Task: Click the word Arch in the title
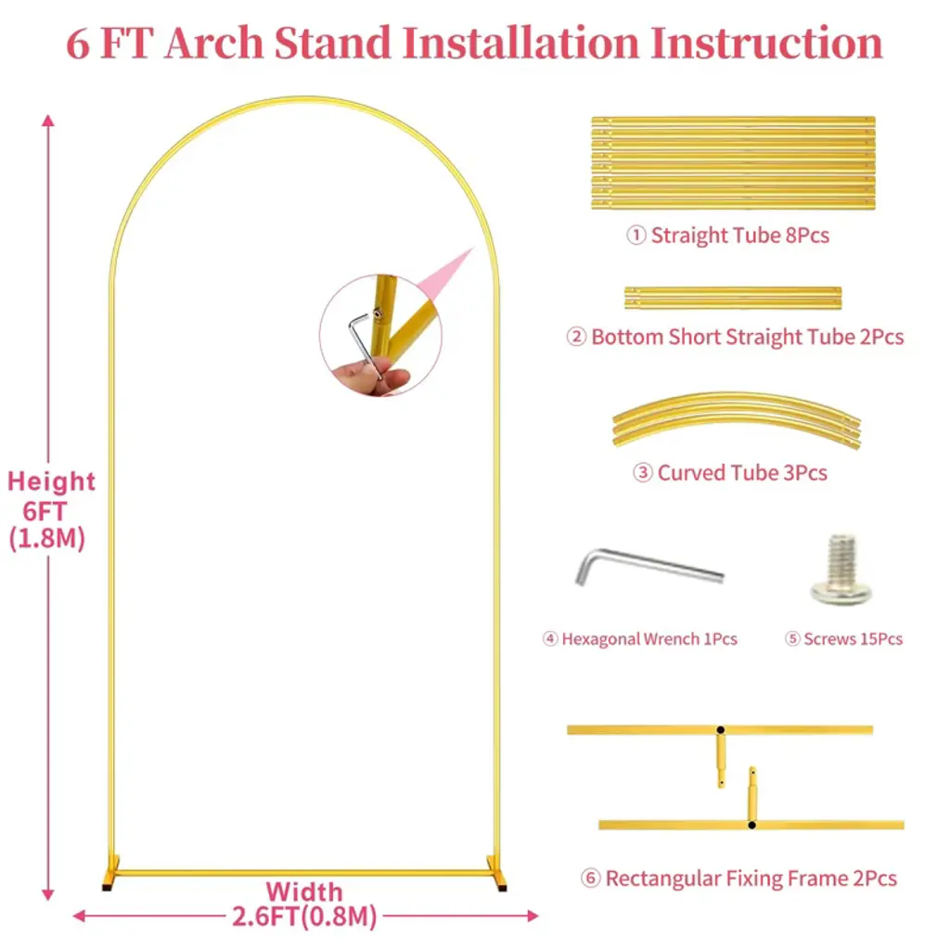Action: point(214,43)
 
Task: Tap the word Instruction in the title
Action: point(766,43)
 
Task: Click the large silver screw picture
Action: point(841,570)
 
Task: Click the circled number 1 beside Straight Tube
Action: point(635,235)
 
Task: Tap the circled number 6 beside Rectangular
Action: point(590,879)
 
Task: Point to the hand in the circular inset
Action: point(372,376)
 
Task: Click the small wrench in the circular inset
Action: point(364,345)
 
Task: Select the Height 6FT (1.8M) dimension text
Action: point(48,510)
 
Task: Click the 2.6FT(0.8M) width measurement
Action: point(304,917)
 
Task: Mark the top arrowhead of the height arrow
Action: point(48,120)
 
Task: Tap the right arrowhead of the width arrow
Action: point(533,916)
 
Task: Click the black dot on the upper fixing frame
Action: point(720,730)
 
